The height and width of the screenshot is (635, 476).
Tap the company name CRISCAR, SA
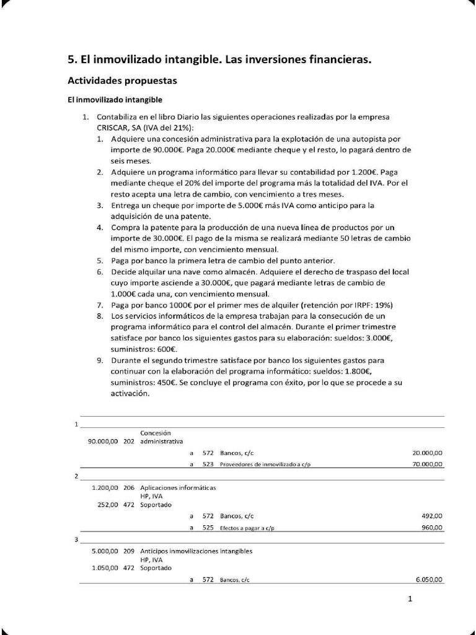[x=117, y=127]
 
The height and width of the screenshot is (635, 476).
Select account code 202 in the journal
[x=129, y=442]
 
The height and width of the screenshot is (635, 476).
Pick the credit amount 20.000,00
[x=428, y=453]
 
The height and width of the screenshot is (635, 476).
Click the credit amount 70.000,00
[x=428, y=464]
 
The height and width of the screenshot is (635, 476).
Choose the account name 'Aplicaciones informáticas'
[x=178, y=487]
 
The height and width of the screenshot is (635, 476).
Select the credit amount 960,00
[x=432, y=528]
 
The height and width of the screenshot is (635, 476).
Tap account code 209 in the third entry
[x=129, y=551]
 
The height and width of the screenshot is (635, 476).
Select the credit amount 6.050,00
[x=429, y=580]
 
